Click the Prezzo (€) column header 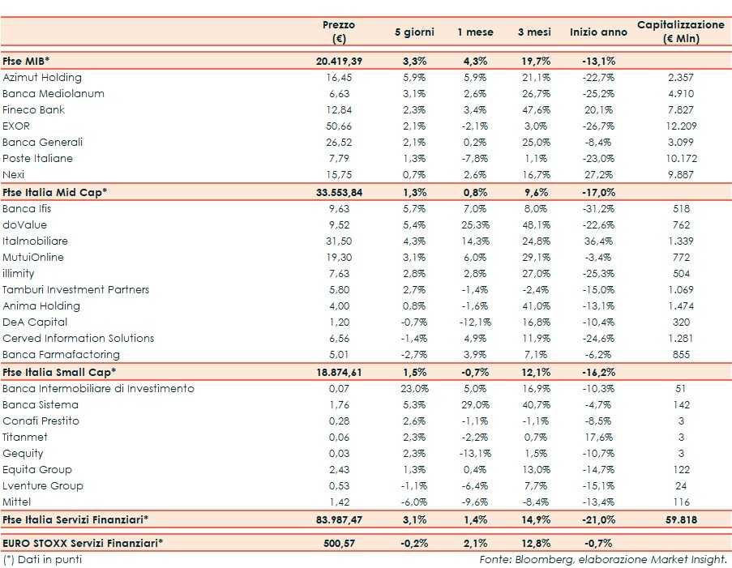tap(339, 32)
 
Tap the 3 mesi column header tap(534, 32)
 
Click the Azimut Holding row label tap(42, 78)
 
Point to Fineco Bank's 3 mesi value tap(534, 110)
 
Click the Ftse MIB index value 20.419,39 tap(339, 61)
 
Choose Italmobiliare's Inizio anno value tap(598, 241)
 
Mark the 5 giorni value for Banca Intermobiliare tap(414, 389)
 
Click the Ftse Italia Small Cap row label tap(59, 372)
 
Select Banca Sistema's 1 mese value tap(475, 405)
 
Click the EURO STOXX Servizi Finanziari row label tap(83, 541)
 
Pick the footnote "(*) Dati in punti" tap(42, 559)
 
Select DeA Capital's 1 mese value tap(475, 322)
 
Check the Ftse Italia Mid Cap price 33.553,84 tap(339, 192)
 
